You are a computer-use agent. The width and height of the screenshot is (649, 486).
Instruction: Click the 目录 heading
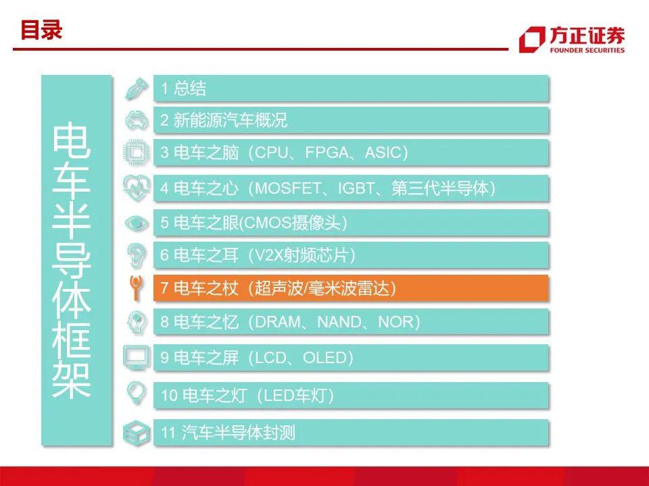coord(41,30)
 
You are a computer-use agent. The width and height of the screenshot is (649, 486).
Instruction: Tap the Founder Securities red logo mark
coord(532,39)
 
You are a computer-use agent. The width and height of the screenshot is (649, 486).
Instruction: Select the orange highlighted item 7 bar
coord(351,288)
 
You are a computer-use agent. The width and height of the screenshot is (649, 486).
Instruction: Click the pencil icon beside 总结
coord(137,88)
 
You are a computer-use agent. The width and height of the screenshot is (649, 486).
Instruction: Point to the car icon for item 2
coord(137,121)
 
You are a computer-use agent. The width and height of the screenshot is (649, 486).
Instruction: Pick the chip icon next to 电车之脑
coord(137,153)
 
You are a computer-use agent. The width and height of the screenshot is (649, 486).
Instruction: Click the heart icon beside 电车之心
coord(137,188)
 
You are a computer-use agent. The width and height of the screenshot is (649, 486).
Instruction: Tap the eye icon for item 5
coord(137,223)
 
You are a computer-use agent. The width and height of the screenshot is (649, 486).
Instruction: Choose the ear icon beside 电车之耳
coord(137,255)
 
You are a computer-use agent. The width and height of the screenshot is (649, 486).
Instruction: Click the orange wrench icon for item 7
coord(136,288)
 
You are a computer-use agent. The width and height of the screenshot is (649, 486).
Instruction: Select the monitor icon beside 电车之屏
coord(136,358)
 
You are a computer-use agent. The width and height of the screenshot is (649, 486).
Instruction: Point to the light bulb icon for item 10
coord(136,393)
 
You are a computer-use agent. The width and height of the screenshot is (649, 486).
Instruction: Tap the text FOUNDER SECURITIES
coord(587,50)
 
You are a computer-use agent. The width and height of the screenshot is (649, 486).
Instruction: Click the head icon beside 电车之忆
coord(137,322)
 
